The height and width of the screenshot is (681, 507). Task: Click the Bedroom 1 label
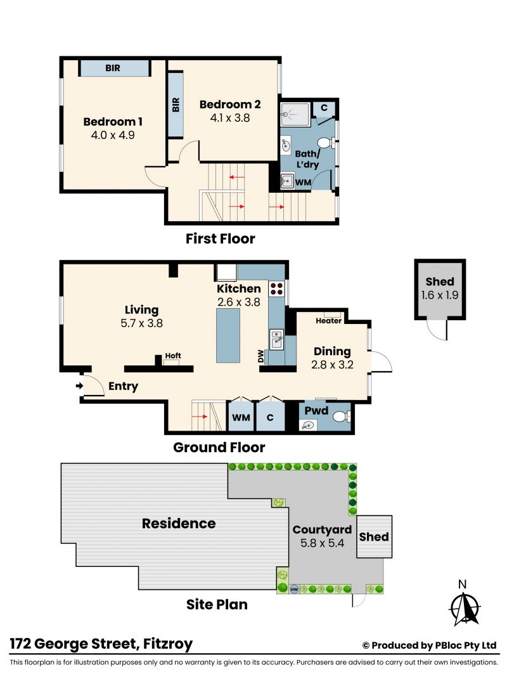click(x=113, y=122)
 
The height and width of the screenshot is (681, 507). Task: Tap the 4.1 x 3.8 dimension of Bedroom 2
click(x=230, y=118)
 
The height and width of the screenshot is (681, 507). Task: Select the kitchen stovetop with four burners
click(x=277, y=289)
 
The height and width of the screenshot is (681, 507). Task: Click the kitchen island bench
click(x=228, y=335)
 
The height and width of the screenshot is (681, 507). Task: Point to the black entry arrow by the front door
click(x=79, y=386)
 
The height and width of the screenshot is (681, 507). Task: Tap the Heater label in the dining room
click(x=328, y=320)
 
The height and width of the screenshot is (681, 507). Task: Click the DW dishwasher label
click(x=260, y=356)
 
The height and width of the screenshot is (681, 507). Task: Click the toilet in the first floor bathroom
click(x=326, y=143)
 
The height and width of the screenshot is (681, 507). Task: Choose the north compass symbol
click(x=465, y=608)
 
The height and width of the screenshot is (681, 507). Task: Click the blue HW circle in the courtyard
click(x=294, y=589)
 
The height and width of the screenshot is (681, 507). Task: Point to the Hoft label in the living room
click(x=173, y=355)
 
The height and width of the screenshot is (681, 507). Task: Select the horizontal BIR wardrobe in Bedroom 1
click(x=114, y=68)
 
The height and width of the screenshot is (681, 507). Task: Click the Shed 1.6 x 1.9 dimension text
click(x=440, y=295)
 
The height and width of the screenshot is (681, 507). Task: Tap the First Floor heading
click(x=220, y=238)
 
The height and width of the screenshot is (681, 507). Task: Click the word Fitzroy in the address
click(x=168, y=644)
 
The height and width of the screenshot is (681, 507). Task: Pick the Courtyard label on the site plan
click(x=322, y=530)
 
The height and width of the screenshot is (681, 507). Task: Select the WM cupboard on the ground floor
click(x=241, y=417)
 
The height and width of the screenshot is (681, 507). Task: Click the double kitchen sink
click(x=276, y=340)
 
